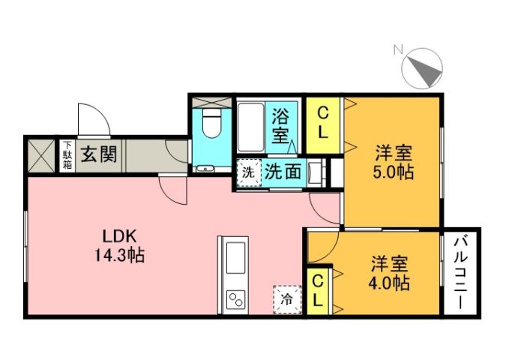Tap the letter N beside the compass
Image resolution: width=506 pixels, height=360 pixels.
tap(398, 51)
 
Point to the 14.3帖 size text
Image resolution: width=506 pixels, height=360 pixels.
tap(118, 255)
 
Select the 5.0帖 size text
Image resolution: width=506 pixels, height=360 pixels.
tap(394, 171)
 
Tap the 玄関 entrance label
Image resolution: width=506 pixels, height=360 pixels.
tap(98, 155)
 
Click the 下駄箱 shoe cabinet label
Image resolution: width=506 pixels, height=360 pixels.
tap(67, 155)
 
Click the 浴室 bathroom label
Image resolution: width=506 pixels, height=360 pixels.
tap(280, 127)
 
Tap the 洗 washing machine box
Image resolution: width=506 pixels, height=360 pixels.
tap(247, 171)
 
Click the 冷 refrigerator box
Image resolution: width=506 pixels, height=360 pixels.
tap(286, 298)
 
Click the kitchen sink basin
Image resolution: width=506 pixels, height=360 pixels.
tap(234, 256)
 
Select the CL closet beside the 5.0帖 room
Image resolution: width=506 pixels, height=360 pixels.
tap(323, 123)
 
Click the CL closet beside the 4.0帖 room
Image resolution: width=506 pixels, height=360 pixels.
tap(318, 290)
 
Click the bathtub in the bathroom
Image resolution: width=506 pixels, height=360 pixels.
tap(251, 127)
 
